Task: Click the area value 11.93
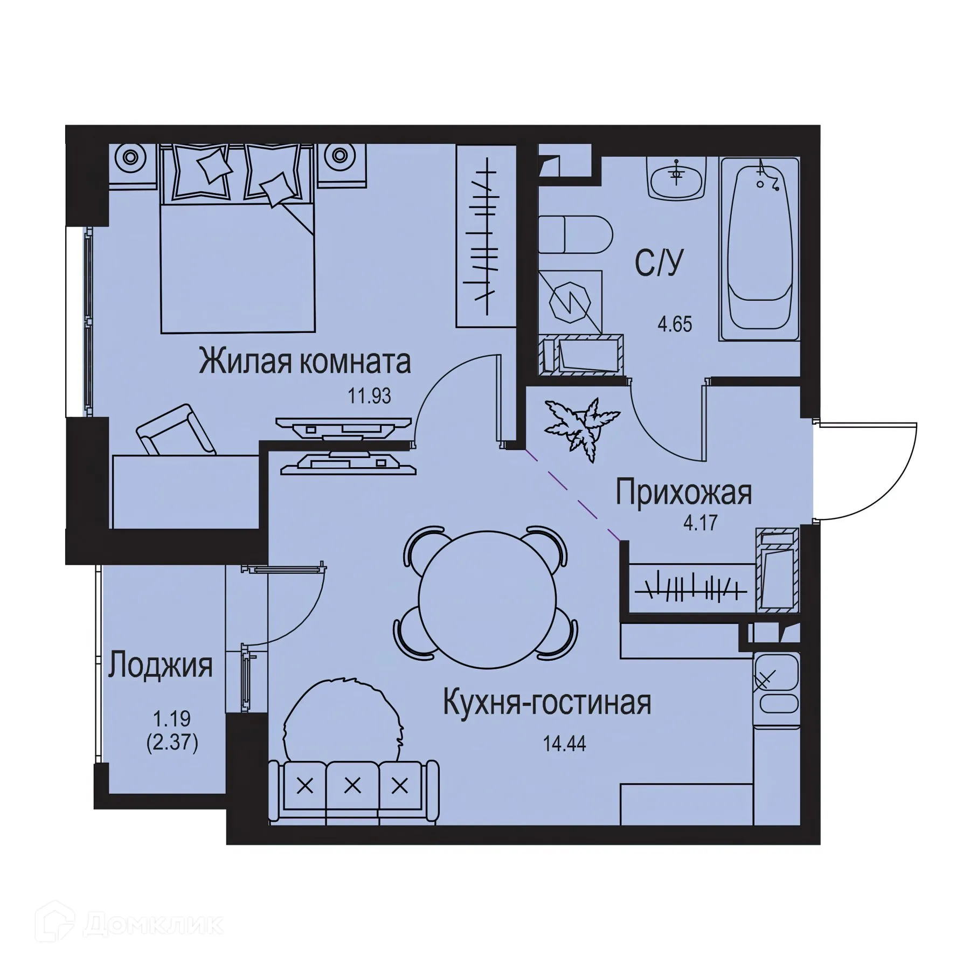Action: tap(369, 397)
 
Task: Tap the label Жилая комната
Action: tap(305, 362)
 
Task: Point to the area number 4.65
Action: tap(674, 325)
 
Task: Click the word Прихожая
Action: tap(683, 493)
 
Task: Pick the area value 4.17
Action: tap(701, 523)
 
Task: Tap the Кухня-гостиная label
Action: tap(547, 703)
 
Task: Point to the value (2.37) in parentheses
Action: tap(172, 744)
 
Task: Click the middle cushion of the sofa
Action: tap(352, 786)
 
